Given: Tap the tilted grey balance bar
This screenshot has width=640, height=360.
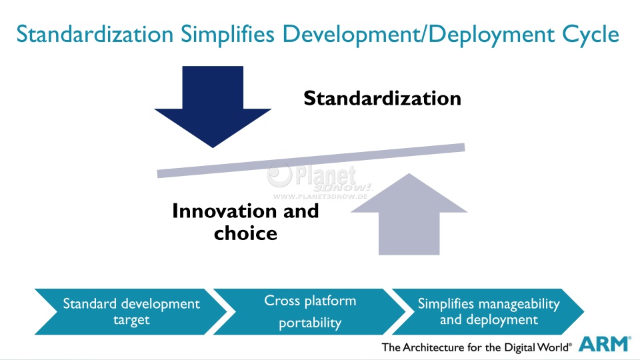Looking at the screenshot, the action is (x=311, y=161).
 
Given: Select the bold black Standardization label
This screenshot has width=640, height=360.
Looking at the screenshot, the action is (x=383, y=99).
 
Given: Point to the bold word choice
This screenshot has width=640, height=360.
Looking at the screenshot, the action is (x=246, y=233).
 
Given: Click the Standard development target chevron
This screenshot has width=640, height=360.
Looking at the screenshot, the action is (x=131, y=312).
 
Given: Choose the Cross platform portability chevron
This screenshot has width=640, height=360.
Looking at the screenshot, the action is (x=309, y=312).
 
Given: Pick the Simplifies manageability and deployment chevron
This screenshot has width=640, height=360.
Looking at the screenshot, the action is (x=488, y=312).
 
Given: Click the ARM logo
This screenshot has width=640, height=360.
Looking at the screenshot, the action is (x=605, y=344).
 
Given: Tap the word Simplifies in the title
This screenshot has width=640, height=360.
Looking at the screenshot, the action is (x=227, y=34).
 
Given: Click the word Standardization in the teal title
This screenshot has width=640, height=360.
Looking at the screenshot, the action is (x=95, y=34).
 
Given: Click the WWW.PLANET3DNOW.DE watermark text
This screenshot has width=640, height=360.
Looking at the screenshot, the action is (x=321, y=196).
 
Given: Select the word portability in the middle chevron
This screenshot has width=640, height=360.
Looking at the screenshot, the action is (x=310, y=323).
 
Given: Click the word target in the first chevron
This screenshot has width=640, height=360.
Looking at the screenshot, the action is (x=131, y=320).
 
